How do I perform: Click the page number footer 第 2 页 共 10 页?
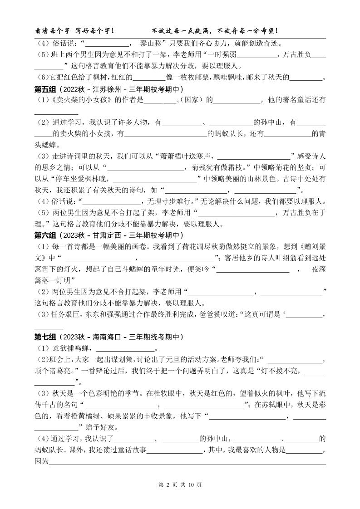(x=180, y=485)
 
